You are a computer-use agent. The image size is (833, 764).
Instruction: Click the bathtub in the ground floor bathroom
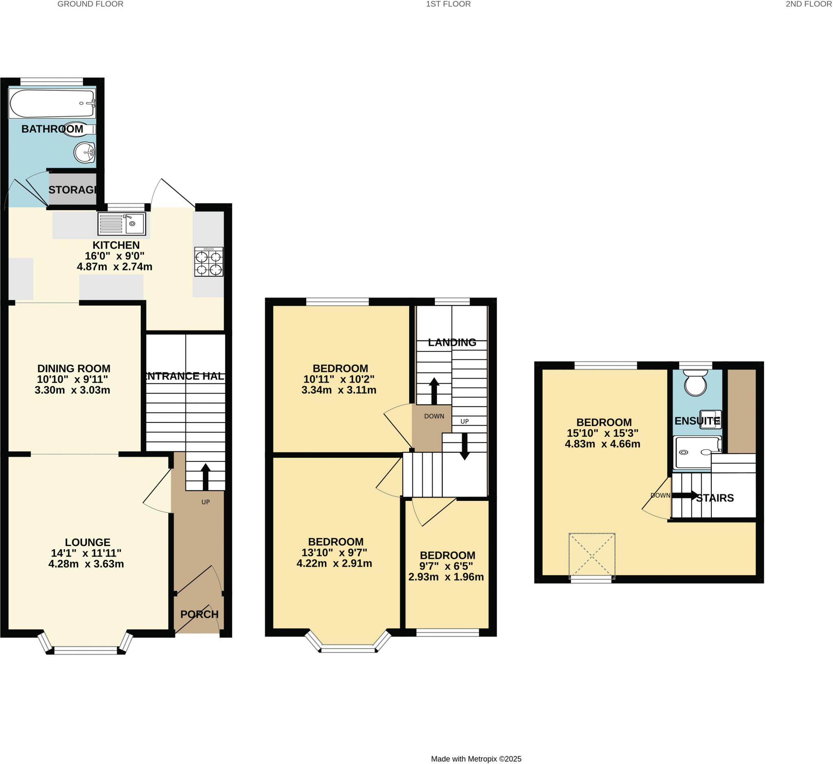(x=52, y=104)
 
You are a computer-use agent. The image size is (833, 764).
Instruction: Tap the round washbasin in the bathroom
(x=85, y=152)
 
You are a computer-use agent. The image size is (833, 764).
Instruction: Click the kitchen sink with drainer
(x=122, y=224)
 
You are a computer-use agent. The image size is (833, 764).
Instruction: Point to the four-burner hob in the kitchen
(x=209, y=262)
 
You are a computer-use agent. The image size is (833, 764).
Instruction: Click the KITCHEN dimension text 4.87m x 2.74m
(x=115, y=267)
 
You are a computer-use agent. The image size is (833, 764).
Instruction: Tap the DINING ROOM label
(x=74, y=368)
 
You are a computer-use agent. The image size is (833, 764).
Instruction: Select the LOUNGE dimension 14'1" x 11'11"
(x=86, y=553)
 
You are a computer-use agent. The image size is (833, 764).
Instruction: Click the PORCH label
(x=199, y=614)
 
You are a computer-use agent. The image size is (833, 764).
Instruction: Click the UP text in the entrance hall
(x=205, y=502)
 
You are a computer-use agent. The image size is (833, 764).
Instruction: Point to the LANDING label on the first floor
(x=452, y=342)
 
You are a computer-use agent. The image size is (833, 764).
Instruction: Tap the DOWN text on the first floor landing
(x=434, y=416)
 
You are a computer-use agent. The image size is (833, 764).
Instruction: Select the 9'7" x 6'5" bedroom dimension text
(x=446, y=566)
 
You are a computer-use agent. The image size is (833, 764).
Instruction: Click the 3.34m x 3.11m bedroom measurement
(x=339, y=390)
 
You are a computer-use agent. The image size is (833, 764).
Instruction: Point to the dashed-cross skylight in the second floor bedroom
(x=592, y=556)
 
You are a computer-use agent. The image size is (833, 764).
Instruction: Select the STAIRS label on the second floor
(x=715, y=498)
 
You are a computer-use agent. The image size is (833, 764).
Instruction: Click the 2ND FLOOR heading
(x=808, y=4)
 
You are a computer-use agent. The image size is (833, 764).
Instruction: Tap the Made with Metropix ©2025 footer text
(x=476, y=759)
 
